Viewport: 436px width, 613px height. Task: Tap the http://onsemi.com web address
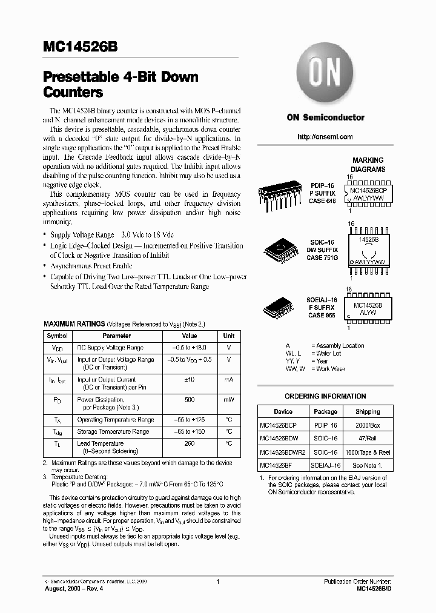click(325, 137)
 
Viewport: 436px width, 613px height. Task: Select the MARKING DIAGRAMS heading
click(368, 165)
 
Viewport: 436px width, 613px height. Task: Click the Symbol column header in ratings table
click(58, 336)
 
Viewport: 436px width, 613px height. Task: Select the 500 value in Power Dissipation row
click(190, 400)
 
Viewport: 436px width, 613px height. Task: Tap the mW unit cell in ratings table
click(228, 400)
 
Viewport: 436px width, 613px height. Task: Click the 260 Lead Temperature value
click(190, 443)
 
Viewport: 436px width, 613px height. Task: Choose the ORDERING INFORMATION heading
click(325, 396)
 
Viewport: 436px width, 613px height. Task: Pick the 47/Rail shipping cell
click(368, 438)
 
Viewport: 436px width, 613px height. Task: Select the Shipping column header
click(368, 411)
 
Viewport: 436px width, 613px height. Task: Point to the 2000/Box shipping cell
click(368, 425)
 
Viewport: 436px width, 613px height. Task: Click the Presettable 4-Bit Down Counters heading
click(121, 85)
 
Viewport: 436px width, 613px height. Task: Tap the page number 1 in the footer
click(217, 582)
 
